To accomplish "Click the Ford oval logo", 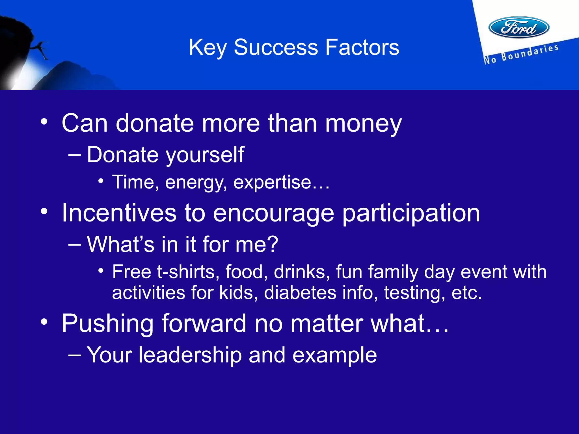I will coord(519,27).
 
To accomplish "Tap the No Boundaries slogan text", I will coord(521,54).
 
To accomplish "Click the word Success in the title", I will coord(276,47).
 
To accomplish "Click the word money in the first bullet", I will coord(363,123).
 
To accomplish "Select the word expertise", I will coord(272,182).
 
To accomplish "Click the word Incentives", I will coord(119,213).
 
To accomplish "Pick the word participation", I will coord(411,213).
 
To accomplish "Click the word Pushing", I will coord(108,324).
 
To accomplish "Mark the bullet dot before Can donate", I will coord(44,122).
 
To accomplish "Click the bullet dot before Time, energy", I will coord(101,181).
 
